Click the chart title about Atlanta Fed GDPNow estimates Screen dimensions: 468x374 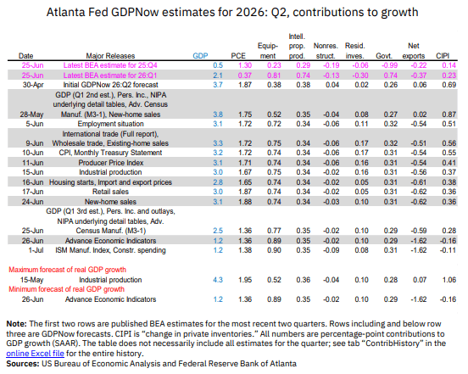point(232,12)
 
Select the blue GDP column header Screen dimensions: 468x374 point(200,56)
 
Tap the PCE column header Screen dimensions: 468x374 point(238,56)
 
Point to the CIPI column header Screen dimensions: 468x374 point(443,56)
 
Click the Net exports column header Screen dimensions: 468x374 point(414,51)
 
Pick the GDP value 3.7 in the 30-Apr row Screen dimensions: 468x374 point(218,85)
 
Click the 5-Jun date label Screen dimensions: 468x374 point(35,124)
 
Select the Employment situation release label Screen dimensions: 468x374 point(110,124)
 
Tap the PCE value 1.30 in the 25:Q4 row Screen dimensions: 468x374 point(245,65)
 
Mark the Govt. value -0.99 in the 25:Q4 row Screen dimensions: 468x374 point(390,65)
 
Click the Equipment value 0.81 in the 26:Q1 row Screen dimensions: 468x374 point(274,75)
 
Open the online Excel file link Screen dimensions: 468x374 point(36,354)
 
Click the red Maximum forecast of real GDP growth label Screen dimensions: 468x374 point(68,270)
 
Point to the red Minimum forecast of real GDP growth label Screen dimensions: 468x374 point(67,289)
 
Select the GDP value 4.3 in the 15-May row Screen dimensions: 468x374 point(218,280)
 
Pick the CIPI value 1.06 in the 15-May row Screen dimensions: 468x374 point(448,280)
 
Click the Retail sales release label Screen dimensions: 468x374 point(110,192)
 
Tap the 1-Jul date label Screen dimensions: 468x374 point(36,250)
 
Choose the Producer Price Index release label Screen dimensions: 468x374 point(111,163)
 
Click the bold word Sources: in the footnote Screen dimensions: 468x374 point(23,364)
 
